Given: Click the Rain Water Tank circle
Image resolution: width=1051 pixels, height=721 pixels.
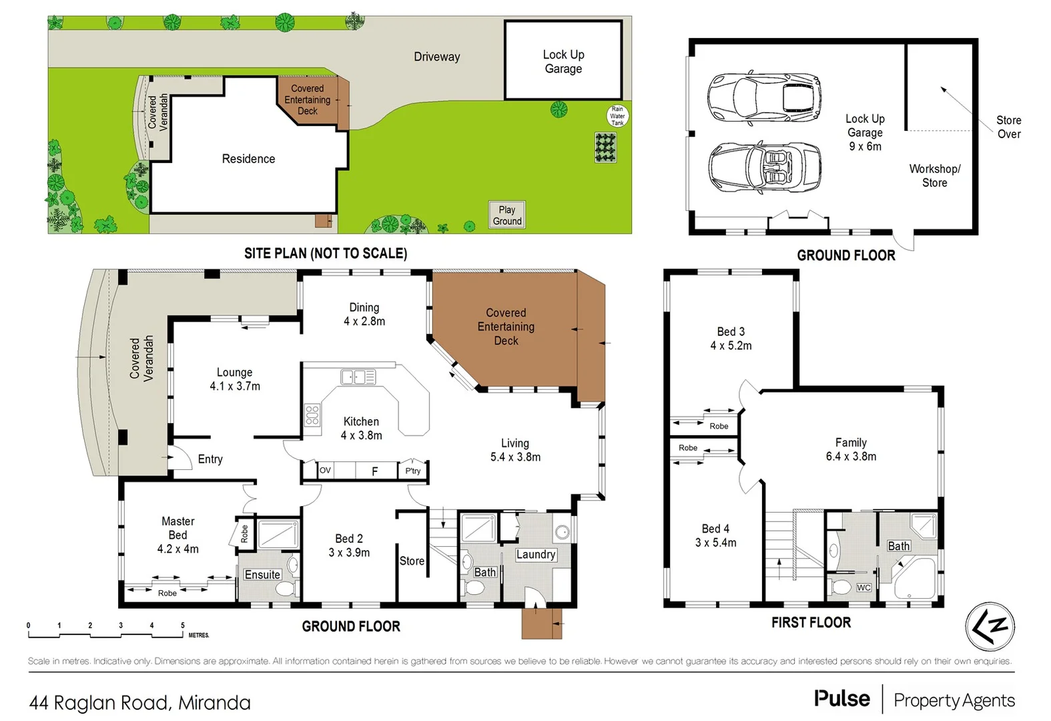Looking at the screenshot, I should point(617,115).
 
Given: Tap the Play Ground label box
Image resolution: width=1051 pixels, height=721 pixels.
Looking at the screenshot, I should point(507,215).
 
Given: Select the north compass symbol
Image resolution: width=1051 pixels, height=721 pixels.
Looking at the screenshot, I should point(990,626).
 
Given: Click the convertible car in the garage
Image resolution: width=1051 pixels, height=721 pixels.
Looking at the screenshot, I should point(765,168).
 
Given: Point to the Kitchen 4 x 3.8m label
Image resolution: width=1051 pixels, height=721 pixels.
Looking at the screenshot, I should point(361,429).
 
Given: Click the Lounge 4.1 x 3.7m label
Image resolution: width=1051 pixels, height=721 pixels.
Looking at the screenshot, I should point(235,379).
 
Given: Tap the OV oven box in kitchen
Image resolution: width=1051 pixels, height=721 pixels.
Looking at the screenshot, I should point(325,471).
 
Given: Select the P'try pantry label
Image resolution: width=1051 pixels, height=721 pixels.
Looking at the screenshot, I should point(413,471).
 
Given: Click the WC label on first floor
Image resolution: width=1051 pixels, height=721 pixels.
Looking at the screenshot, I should point(863,587).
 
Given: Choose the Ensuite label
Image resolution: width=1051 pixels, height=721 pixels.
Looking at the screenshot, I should point(262,575).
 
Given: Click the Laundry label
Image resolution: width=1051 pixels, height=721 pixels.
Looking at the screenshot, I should point(535,554).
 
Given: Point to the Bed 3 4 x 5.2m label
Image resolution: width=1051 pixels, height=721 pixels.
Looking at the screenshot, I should point(731,338).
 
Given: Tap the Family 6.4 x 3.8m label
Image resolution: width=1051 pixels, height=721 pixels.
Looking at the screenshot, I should point(851,449).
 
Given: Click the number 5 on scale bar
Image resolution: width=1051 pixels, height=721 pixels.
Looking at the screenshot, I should point(182,626).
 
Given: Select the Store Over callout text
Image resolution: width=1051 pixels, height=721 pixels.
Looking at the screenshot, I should point(1008,127).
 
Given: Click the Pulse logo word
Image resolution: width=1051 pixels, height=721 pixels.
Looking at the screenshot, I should point(842,699).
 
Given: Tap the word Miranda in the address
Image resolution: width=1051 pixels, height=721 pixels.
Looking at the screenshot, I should point(214,703).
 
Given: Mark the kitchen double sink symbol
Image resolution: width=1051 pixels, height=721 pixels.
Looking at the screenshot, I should point(358,377).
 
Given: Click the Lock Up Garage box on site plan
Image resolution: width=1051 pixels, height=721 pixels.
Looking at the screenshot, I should point(563,61).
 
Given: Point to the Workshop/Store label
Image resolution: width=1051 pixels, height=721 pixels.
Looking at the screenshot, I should point(934,176).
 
